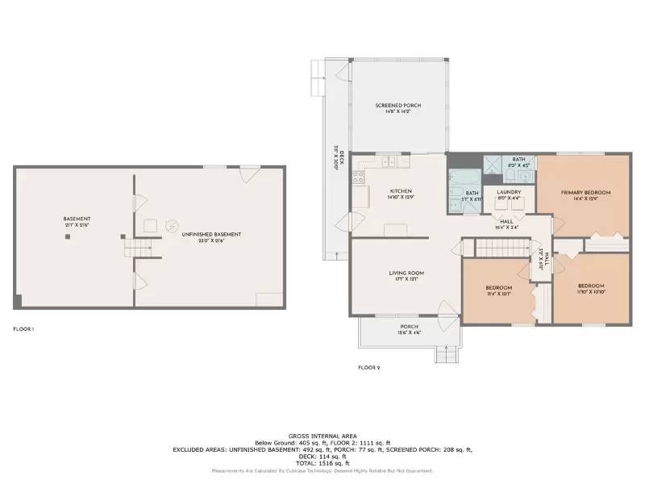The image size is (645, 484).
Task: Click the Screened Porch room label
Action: pyautogui.click(x=398, y=106)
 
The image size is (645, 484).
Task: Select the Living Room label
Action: pyautogui.click(x=406, y=273)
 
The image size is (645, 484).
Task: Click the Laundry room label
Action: pyautogui.click(x=508, y=192)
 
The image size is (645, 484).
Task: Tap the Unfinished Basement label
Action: pyautogui.click(x=210, y=234)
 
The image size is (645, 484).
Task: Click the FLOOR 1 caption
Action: pyautogui.click(x=23, y=329)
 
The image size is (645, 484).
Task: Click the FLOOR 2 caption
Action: pyautogui.click(x=368, y=368)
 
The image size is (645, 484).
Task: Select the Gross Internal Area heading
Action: pyautogui.click(x=322, y=436)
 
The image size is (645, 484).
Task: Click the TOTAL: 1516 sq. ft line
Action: pyautogui.click(x=322, y=464)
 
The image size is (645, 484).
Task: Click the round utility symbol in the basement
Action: pyautogui.click(x=171, y=226)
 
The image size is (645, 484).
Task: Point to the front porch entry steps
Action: pyautogui.click(x=446, y=353)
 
